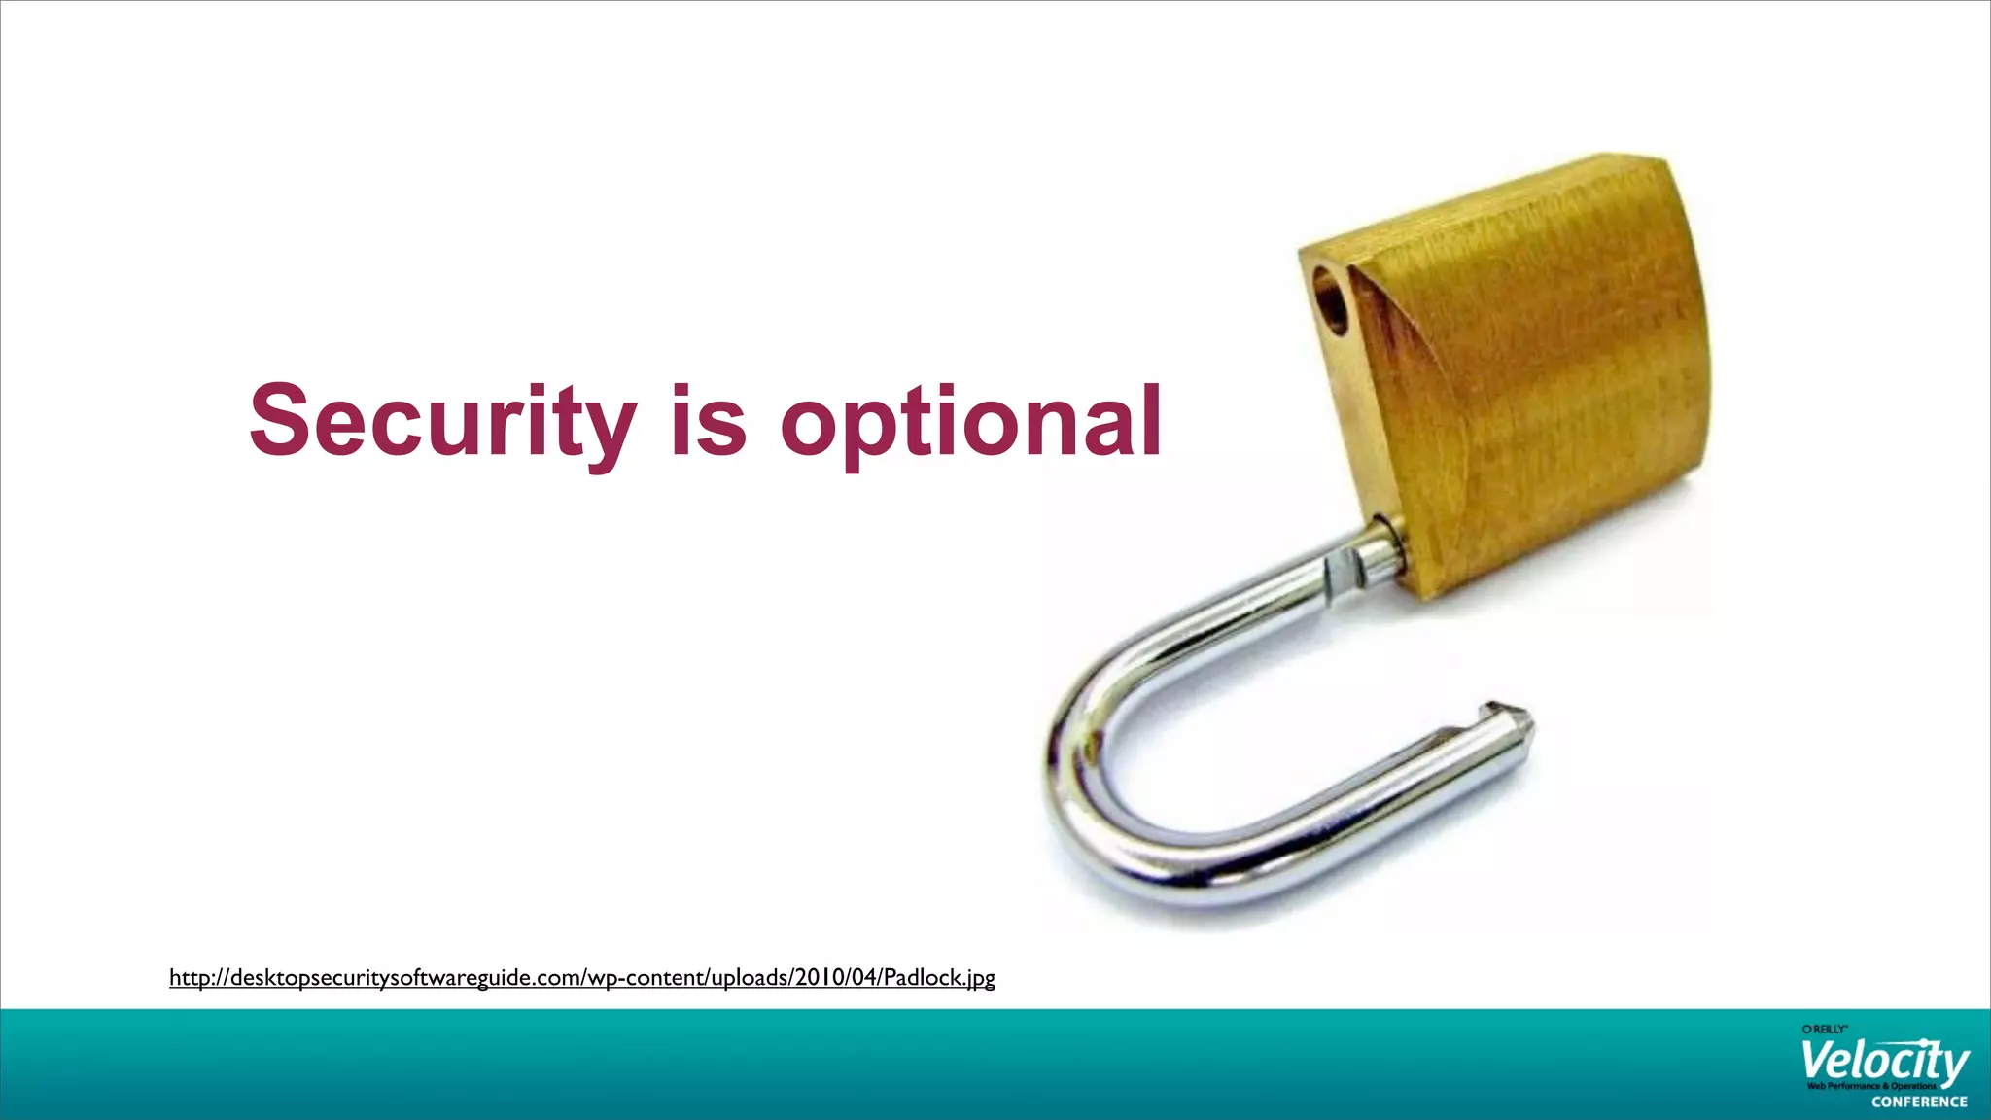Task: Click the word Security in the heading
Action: coord(442,421)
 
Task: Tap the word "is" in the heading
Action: coord(709,421)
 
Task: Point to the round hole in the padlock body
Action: coord(1331,299)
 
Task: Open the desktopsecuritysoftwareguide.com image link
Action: coord(581,978)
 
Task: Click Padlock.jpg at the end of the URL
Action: coord(939,978)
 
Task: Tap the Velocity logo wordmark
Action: coord(1883,1062)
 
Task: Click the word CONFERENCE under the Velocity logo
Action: coord(1919,1102)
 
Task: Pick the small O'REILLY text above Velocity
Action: coord(1824,1030)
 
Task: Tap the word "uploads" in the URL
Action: coord(750,978)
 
